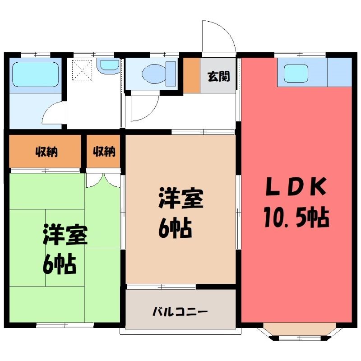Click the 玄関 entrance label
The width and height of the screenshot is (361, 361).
coord(219,77)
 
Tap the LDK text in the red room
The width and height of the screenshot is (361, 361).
coord(296,186)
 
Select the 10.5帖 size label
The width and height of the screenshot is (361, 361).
coord(296,218)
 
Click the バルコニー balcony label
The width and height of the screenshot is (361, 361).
coord(180,312)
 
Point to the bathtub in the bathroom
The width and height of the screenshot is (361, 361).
coord(36,74)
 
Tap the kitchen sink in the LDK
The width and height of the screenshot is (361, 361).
coord(296,74)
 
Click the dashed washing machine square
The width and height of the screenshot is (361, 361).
coord(82,70)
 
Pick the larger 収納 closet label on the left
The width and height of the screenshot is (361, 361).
coord(46,152)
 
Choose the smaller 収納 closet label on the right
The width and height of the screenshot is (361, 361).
coord(104,152)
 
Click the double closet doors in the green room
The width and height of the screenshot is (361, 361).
coord(103,180)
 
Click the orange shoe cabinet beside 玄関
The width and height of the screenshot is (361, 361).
coord(191,75)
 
